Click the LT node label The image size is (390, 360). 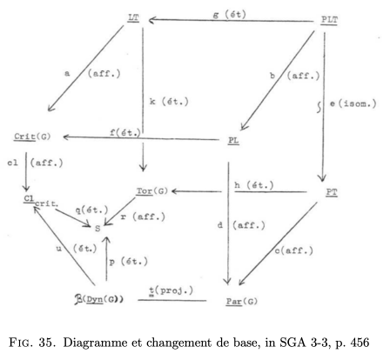tap(133, 18)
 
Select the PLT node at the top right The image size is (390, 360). tap(329, 20)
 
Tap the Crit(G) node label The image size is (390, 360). tap(32, 137)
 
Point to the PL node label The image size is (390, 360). tap(233, 140)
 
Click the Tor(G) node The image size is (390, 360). tap(152, 191)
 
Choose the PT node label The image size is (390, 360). tap(332, 192)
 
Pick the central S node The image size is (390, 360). tap(97, 229)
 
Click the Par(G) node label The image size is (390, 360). tap(242, 302)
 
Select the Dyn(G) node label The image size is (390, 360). tap(99, 299)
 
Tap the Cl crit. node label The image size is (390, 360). tap(41, 201)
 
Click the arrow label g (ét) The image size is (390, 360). tap(230, 15)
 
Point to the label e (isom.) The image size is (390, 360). tap(353, 103)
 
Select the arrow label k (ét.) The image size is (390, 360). tap(169, 102)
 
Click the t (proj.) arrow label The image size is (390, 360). tap(171, 290)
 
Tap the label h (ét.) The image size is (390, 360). tap(254, 185)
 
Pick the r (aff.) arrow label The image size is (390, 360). tap(143, 217)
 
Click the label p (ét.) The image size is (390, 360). tap(128, 261)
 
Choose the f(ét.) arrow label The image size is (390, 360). tap(125, 133)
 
